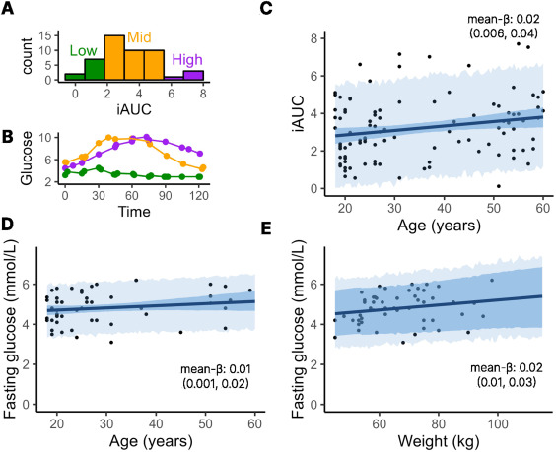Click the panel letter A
(9, 10)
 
